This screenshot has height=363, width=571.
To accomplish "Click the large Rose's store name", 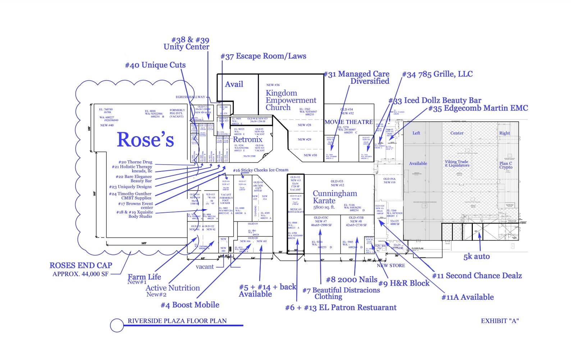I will (x=145, y=140).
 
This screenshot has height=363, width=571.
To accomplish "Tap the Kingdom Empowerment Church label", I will (x=291, y=100).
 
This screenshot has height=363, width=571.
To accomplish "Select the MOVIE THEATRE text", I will (x=348, y=122).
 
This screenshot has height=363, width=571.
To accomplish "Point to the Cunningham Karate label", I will (x=335, y=197).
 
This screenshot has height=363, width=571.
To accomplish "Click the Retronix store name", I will (x=248, y=139).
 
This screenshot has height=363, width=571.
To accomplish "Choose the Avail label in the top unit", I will (x=234, y=84).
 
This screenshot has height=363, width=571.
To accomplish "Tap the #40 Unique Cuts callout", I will (x=155, y=65).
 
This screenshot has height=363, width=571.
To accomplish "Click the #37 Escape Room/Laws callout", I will (x=263, y=56).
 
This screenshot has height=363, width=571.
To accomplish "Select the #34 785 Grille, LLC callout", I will (x=437, y=74).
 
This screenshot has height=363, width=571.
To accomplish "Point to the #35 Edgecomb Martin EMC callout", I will (x=478, y=108).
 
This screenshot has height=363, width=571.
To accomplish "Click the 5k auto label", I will (x=476, y=257).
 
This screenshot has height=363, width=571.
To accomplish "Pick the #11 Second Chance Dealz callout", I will (x=477, y=276).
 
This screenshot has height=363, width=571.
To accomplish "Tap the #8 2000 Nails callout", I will (x=351, y=280).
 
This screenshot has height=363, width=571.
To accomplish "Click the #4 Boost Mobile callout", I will (x=190, y=305).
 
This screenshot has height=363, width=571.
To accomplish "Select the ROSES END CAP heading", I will (x=81, y=266).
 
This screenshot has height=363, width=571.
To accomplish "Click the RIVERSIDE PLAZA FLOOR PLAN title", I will (x=177, y=321).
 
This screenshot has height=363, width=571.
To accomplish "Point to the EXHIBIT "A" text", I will (x=500, y=321).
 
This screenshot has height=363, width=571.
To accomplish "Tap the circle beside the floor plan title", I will (x=117, y=326).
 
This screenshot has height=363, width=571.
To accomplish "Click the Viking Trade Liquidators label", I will (x=457, y=164).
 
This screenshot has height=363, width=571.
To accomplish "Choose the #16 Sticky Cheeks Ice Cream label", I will (x=260, y=170).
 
